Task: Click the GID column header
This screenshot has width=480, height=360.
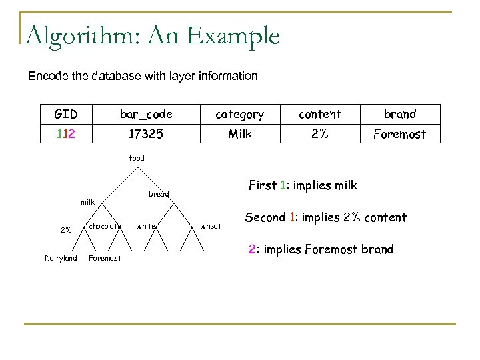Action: click(x=65, y=114)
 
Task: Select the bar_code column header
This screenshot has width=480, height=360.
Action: click(x=146, y=114)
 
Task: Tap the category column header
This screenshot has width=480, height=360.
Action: click(x=240, y=114)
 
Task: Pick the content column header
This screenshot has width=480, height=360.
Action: click(x=319, y=114)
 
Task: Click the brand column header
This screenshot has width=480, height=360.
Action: click(x=400, y=114)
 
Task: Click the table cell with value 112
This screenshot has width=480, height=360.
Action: click(x=65, y=134)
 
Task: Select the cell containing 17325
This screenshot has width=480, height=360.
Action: click(x=146, y=134)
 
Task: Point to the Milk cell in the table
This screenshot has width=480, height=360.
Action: click(x=240, y=134)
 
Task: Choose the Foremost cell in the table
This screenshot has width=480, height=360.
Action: click(x=400, y=134)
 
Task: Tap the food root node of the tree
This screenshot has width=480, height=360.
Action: click(x=136, y=158)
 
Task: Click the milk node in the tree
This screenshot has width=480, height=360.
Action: click(x=88, y=201)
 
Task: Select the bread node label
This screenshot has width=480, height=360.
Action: click(x=159, y=194)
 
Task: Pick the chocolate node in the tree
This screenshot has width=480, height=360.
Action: click(x=105, y=226)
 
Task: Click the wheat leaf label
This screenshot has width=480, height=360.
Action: click(x=211, y=226)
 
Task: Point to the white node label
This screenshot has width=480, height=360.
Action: click(x=145, y=226)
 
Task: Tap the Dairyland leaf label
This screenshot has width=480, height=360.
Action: click(x=61, y=258)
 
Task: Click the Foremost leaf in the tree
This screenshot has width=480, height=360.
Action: click(x=105, y=259)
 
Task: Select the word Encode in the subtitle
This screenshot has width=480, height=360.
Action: click(x=46, y=76)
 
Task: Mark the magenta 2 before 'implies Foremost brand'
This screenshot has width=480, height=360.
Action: click(x=252, y=249)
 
